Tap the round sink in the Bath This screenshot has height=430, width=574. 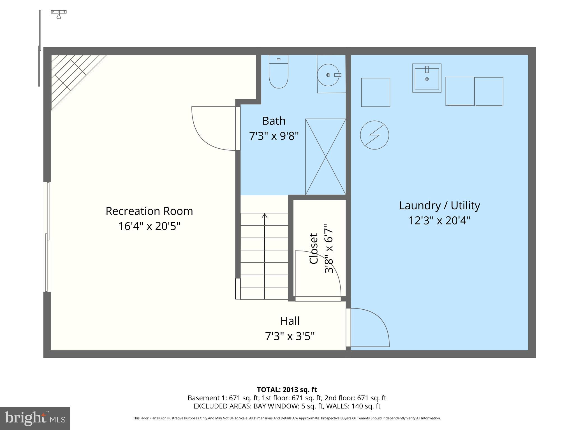pos(328,75)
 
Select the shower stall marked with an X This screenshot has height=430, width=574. pos(325,157)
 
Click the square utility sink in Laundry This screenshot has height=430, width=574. pos(427,78)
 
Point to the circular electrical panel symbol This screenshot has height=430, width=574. pos(374,135)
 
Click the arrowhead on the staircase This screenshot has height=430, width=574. pos(264,216)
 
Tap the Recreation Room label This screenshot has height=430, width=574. pos(149,211)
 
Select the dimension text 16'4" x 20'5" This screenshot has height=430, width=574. pos(149,226)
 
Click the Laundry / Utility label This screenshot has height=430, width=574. pos(439,205)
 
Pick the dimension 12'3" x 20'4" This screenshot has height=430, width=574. pos(439,221)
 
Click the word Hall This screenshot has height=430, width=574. pos(290,321)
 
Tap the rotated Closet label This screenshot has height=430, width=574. pos(314,249)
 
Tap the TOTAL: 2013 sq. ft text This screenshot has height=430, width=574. pos(287,390)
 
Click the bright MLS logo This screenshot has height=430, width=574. pos(35,418)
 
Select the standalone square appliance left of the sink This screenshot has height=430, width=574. pos(375,92)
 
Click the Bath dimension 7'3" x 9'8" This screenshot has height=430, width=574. pos(274,136)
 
